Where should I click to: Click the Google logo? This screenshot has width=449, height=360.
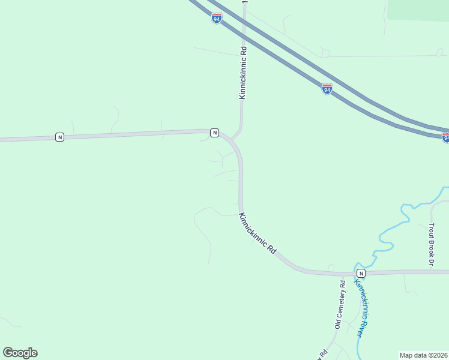tap(20, 353)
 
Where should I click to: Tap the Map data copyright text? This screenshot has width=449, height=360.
tap(423, 355)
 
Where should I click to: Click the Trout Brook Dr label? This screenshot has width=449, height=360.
tap(431, 244)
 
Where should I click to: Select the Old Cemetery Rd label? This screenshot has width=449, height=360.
tap(340, 305)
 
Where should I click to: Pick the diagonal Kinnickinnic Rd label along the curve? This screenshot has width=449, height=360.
tap(257, 233)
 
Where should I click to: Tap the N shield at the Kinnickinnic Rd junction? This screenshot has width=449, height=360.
tap(214, 133)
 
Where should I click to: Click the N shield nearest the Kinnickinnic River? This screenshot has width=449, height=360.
tap(361, 273)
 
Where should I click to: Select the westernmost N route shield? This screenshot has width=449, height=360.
tap(59, 137)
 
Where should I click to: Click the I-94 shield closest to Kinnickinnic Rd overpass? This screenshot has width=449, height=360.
tap(217, 18)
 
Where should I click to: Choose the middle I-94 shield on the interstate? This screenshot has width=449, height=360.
tap(327, 89)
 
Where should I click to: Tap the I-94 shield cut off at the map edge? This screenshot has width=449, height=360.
tap(446, 137)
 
